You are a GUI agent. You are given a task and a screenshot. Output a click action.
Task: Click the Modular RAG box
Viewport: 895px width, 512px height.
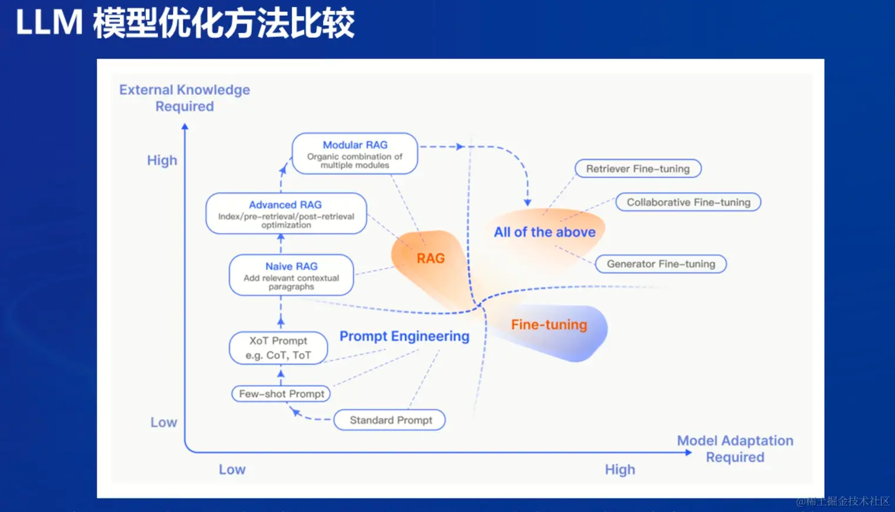point(355,153)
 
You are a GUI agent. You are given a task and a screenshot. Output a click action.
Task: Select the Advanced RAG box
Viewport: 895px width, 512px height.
point(286,213)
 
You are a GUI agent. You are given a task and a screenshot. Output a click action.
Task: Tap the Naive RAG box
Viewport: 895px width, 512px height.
point(291,275)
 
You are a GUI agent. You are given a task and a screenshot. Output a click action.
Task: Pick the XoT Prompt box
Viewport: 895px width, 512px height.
point(278,348)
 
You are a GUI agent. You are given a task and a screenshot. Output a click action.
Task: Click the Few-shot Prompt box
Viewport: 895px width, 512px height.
point(281,394)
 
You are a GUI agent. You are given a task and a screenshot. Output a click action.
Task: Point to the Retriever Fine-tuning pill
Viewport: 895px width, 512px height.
point(637,169)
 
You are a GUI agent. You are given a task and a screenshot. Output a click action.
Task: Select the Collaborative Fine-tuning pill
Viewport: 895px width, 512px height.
point(688,202)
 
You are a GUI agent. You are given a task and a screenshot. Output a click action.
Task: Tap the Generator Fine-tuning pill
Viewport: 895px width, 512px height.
point(661,264)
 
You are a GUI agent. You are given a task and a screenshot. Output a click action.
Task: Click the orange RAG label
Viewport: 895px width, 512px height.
point(430,259)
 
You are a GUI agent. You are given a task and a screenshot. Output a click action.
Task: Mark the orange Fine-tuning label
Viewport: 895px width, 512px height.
point(549,325)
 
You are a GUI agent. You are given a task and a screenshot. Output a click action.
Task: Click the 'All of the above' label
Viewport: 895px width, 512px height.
point(545,232)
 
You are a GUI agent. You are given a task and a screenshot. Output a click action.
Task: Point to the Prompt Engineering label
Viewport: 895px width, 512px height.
point(405,336)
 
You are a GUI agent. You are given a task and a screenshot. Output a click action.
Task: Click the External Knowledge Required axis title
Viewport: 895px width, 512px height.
point(185,98)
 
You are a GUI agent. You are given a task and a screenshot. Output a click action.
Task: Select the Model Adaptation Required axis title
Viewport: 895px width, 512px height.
point(735,449)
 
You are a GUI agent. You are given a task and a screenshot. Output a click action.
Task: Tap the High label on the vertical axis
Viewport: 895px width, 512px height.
point(162,160)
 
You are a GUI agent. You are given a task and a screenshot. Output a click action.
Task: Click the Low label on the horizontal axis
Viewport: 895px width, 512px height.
point(232,470)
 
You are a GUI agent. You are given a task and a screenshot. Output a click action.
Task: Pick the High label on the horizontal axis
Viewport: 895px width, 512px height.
point(620,470)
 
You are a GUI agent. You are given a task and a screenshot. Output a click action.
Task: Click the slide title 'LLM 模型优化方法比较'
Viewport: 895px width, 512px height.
point(185,24)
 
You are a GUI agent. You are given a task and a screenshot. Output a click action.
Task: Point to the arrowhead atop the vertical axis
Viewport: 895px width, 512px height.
point(185,126)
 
